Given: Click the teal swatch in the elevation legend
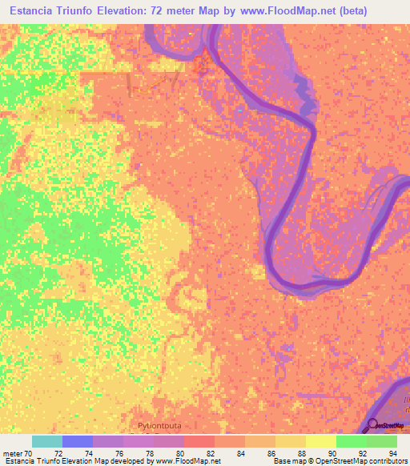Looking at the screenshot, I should point(47,441).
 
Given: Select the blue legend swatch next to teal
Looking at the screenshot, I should point(78,441).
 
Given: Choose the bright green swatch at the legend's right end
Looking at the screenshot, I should point(382,441).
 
